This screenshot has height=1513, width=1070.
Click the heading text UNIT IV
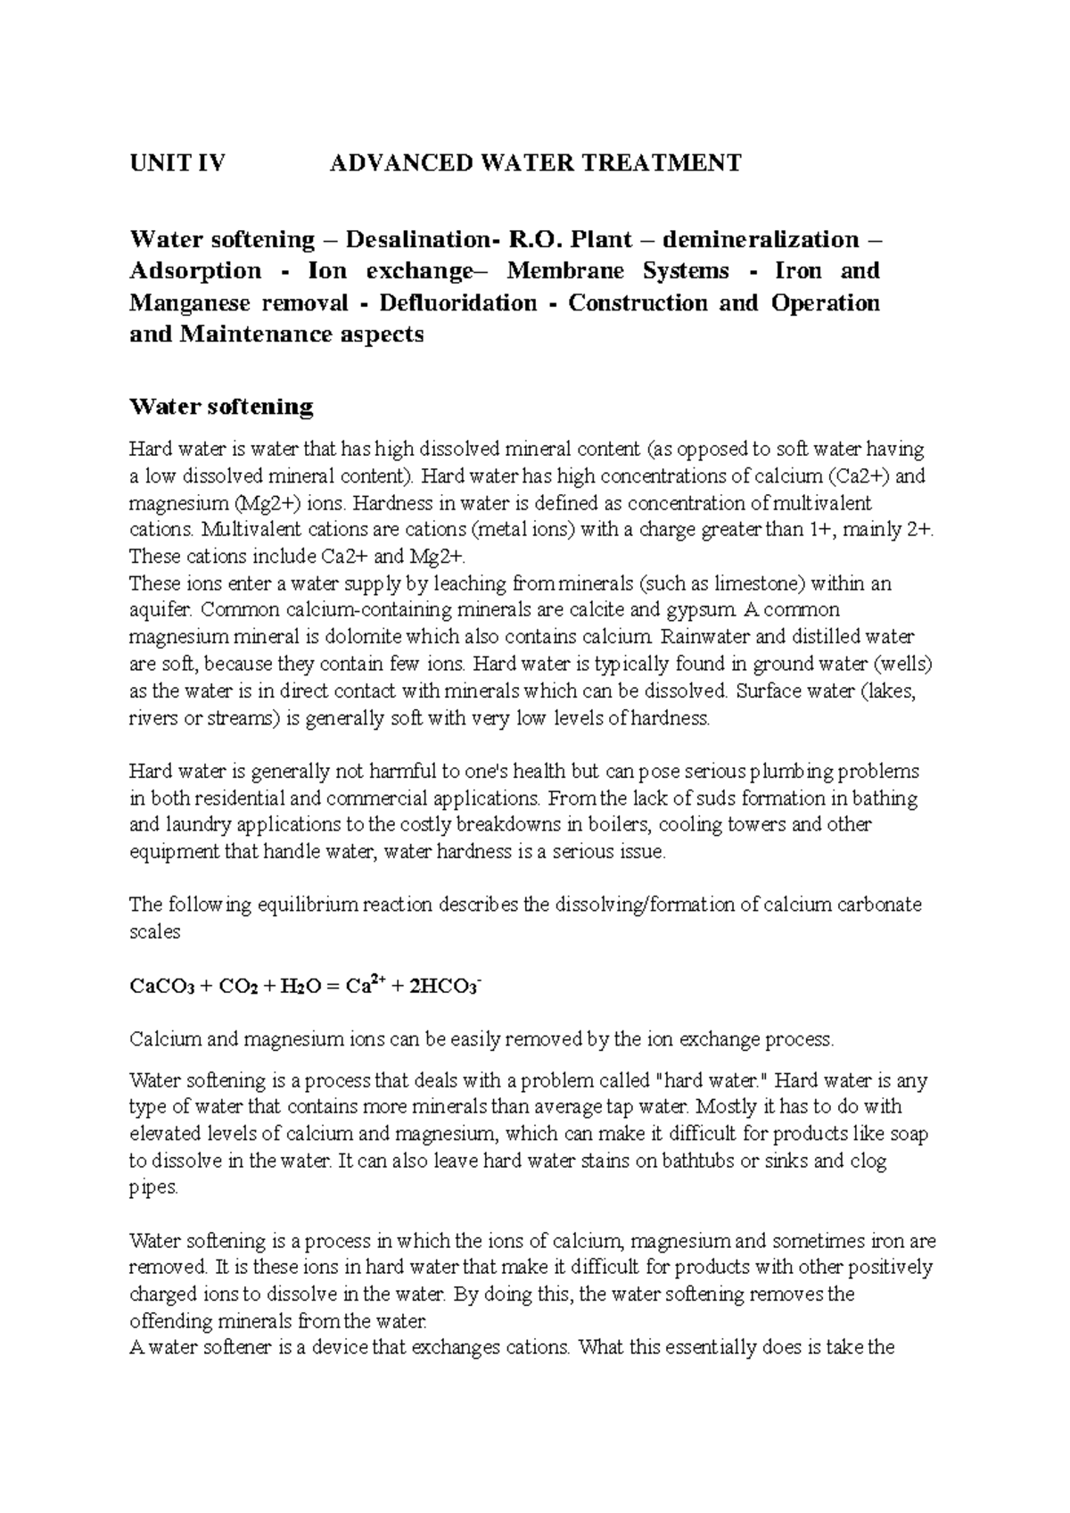pyautogui.click(x=177, y=163)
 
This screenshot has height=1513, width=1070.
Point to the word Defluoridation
pyautogui.click(x=458, y=303)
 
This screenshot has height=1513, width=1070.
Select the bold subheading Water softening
pyautogui.click(x=221, y=408)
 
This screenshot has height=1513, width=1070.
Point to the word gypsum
pyautogui.click(x=708, y=611)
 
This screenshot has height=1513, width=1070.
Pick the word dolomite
pyautogui.click(x=366, y=638)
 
